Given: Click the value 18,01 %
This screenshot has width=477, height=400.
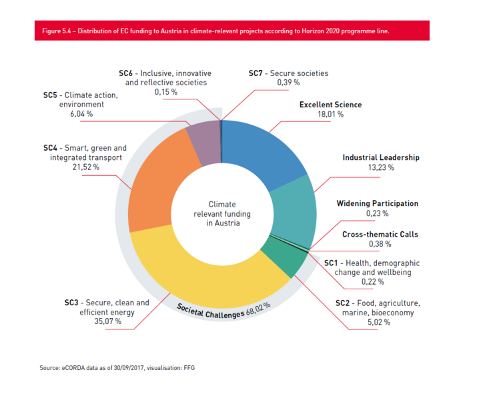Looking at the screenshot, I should (x=330, y=115).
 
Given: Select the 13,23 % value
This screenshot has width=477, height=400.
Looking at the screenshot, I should (x=381, y=168).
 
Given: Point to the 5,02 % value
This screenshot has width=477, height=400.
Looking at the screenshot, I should (x=378, y=323).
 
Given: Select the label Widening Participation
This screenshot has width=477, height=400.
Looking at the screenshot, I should (x=377, y=203).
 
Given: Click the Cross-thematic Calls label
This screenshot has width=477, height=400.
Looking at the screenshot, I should (x=380, y=235).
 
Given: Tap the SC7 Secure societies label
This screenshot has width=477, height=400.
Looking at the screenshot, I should (x=288, y=73).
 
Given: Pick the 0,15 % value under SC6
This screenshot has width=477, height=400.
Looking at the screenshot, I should (x=165, y=92).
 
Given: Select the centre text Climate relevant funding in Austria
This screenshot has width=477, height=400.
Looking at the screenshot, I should (x=221, y=214).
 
